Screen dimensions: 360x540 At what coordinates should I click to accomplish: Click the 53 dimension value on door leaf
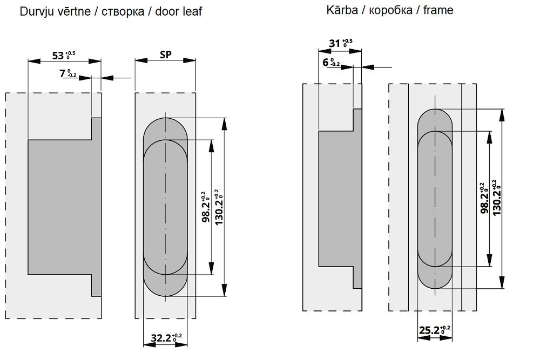(60, 55)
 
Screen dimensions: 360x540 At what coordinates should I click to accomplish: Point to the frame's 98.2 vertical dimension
(485, 198)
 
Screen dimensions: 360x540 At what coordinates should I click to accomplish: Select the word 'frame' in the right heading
(438, 10)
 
